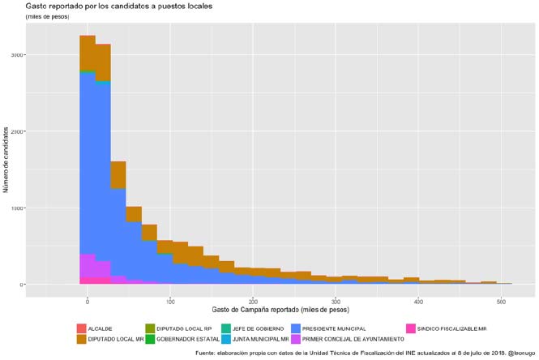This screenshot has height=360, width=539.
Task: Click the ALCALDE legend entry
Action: point(99,328)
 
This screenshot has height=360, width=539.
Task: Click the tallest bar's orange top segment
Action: point(88,53)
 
